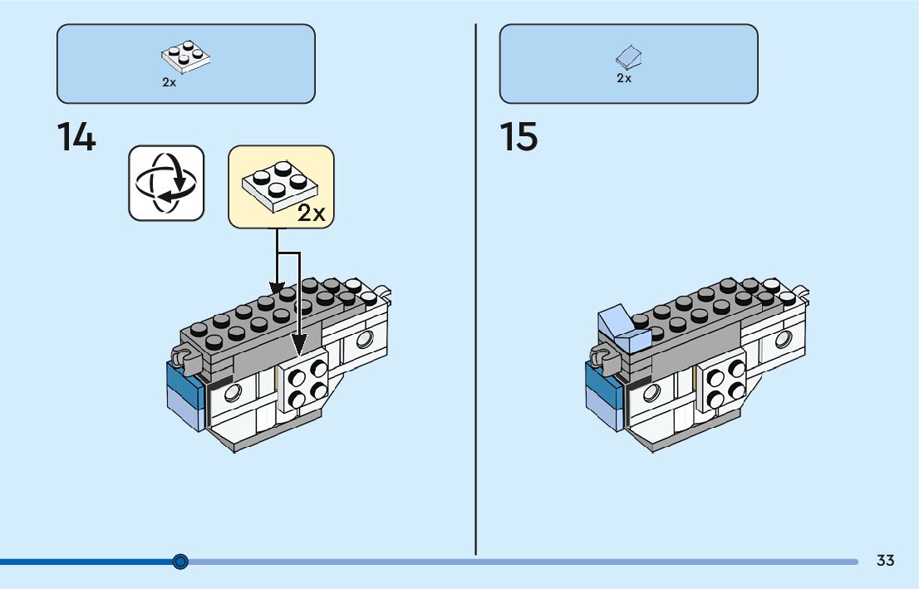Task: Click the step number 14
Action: pos(76,137)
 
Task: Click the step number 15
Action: pos(518,137)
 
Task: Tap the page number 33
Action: pos(886,560)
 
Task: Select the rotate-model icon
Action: pos(166,184)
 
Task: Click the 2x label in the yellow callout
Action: pos(312,213)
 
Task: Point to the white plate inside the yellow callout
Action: pos(279,186)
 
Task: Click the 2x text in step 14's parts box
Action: pos(169,82)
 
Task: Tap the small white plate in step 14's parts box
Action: pos(186,56)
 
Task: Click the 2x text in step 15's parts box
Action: pos(624,78)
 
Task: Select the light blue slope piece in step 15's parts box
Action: pos(628,56)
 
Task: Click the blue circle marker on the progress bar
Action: pos(180,562)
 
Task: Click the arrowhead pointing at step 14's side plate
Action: pos(299,346)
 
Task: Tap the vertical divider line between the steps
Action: pos(475,290)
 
